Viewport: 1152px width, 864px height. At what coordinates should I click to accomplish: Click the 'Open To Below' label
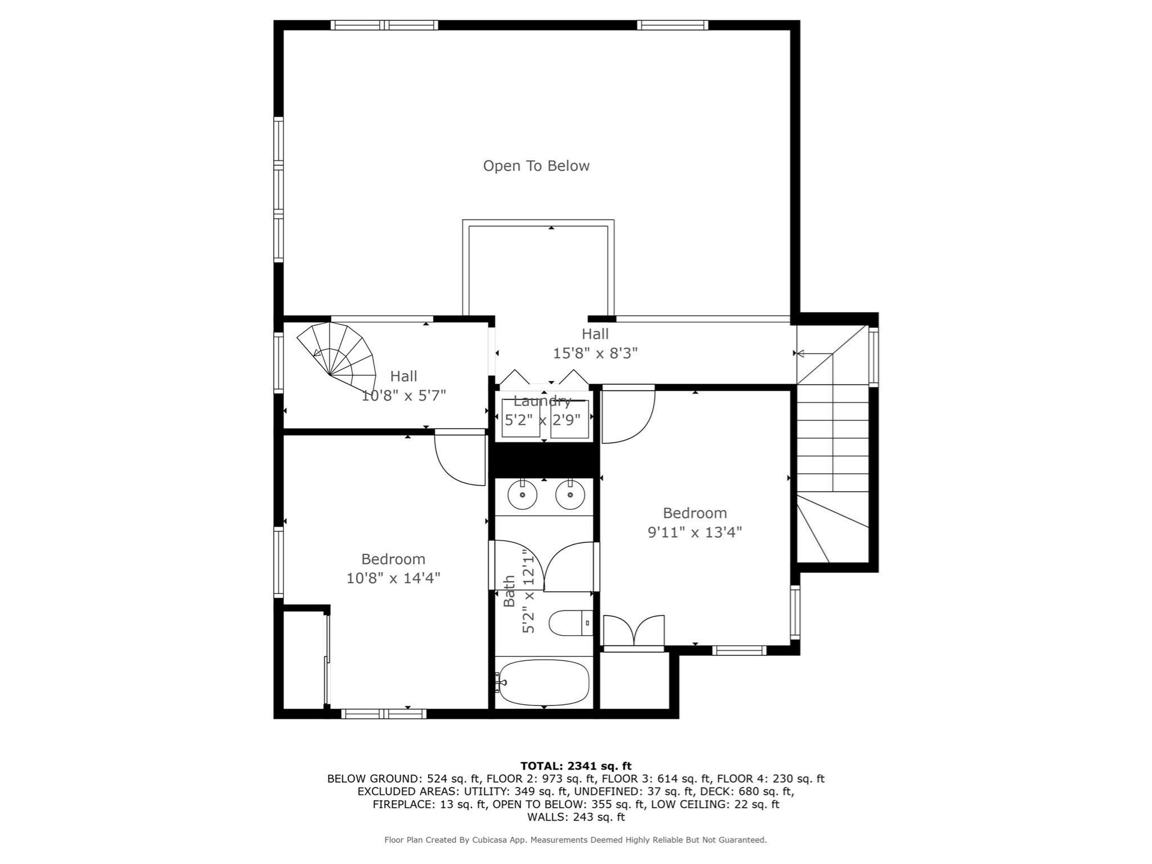(536, 166)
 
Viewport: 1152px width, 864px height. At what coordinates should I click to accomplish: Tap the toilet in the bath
(570, 623)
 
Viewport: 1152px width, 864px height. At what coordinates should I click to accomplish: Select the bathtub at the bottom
(543, 682)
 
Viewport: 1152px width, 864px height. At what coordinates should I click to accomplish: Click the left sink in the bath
(522, 495)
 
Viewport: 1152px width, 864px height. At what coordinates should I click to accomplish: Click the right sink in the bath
(570, 495)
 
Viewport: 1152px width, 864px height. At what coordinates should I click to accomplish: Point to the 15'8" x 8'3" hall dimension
(595, 353)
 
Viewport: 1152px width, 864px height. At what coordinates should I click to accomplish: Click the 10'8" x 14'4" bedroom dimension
(393, 578)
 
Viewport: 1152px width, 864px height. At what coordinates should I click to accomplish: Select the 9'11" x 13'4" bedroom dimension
(695, 532)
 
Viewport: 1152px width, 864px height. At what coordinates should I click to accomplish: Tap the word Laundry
(542, 402)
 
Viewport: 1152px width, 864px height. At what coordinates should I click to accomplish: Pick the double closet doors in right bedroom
(634, 631)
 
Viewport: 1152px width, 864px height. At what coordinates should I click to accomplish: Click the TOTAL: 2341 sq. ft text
(575, 766)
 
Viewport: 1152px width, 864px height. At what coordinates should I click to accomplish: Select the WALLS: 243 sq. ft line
(575, 817)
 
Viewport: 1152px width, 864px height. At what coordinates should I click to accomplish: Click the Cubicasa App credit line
(575, 840)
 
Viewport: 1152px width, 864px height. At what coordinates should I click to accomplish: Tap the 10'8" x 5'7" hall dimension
(403, 395)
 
